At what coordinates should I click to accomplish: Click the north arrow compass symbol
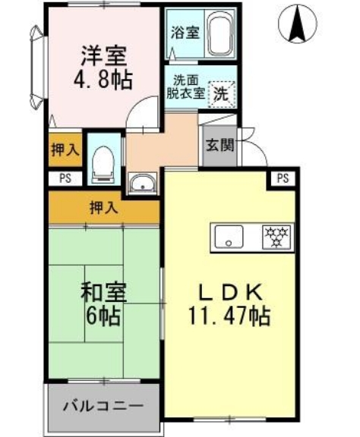298,24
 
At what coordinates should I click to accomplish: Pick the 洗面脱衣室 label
186,88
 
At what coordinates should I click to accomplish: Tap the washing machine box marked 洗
220,94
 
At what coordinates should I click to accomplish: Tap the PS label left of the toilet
64,178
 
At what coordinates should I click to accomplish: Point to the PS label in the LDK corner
283,178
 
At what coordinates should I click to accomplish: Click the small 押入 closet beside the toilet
65,149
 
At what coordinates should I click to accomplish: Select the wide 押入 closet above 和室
104,207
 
